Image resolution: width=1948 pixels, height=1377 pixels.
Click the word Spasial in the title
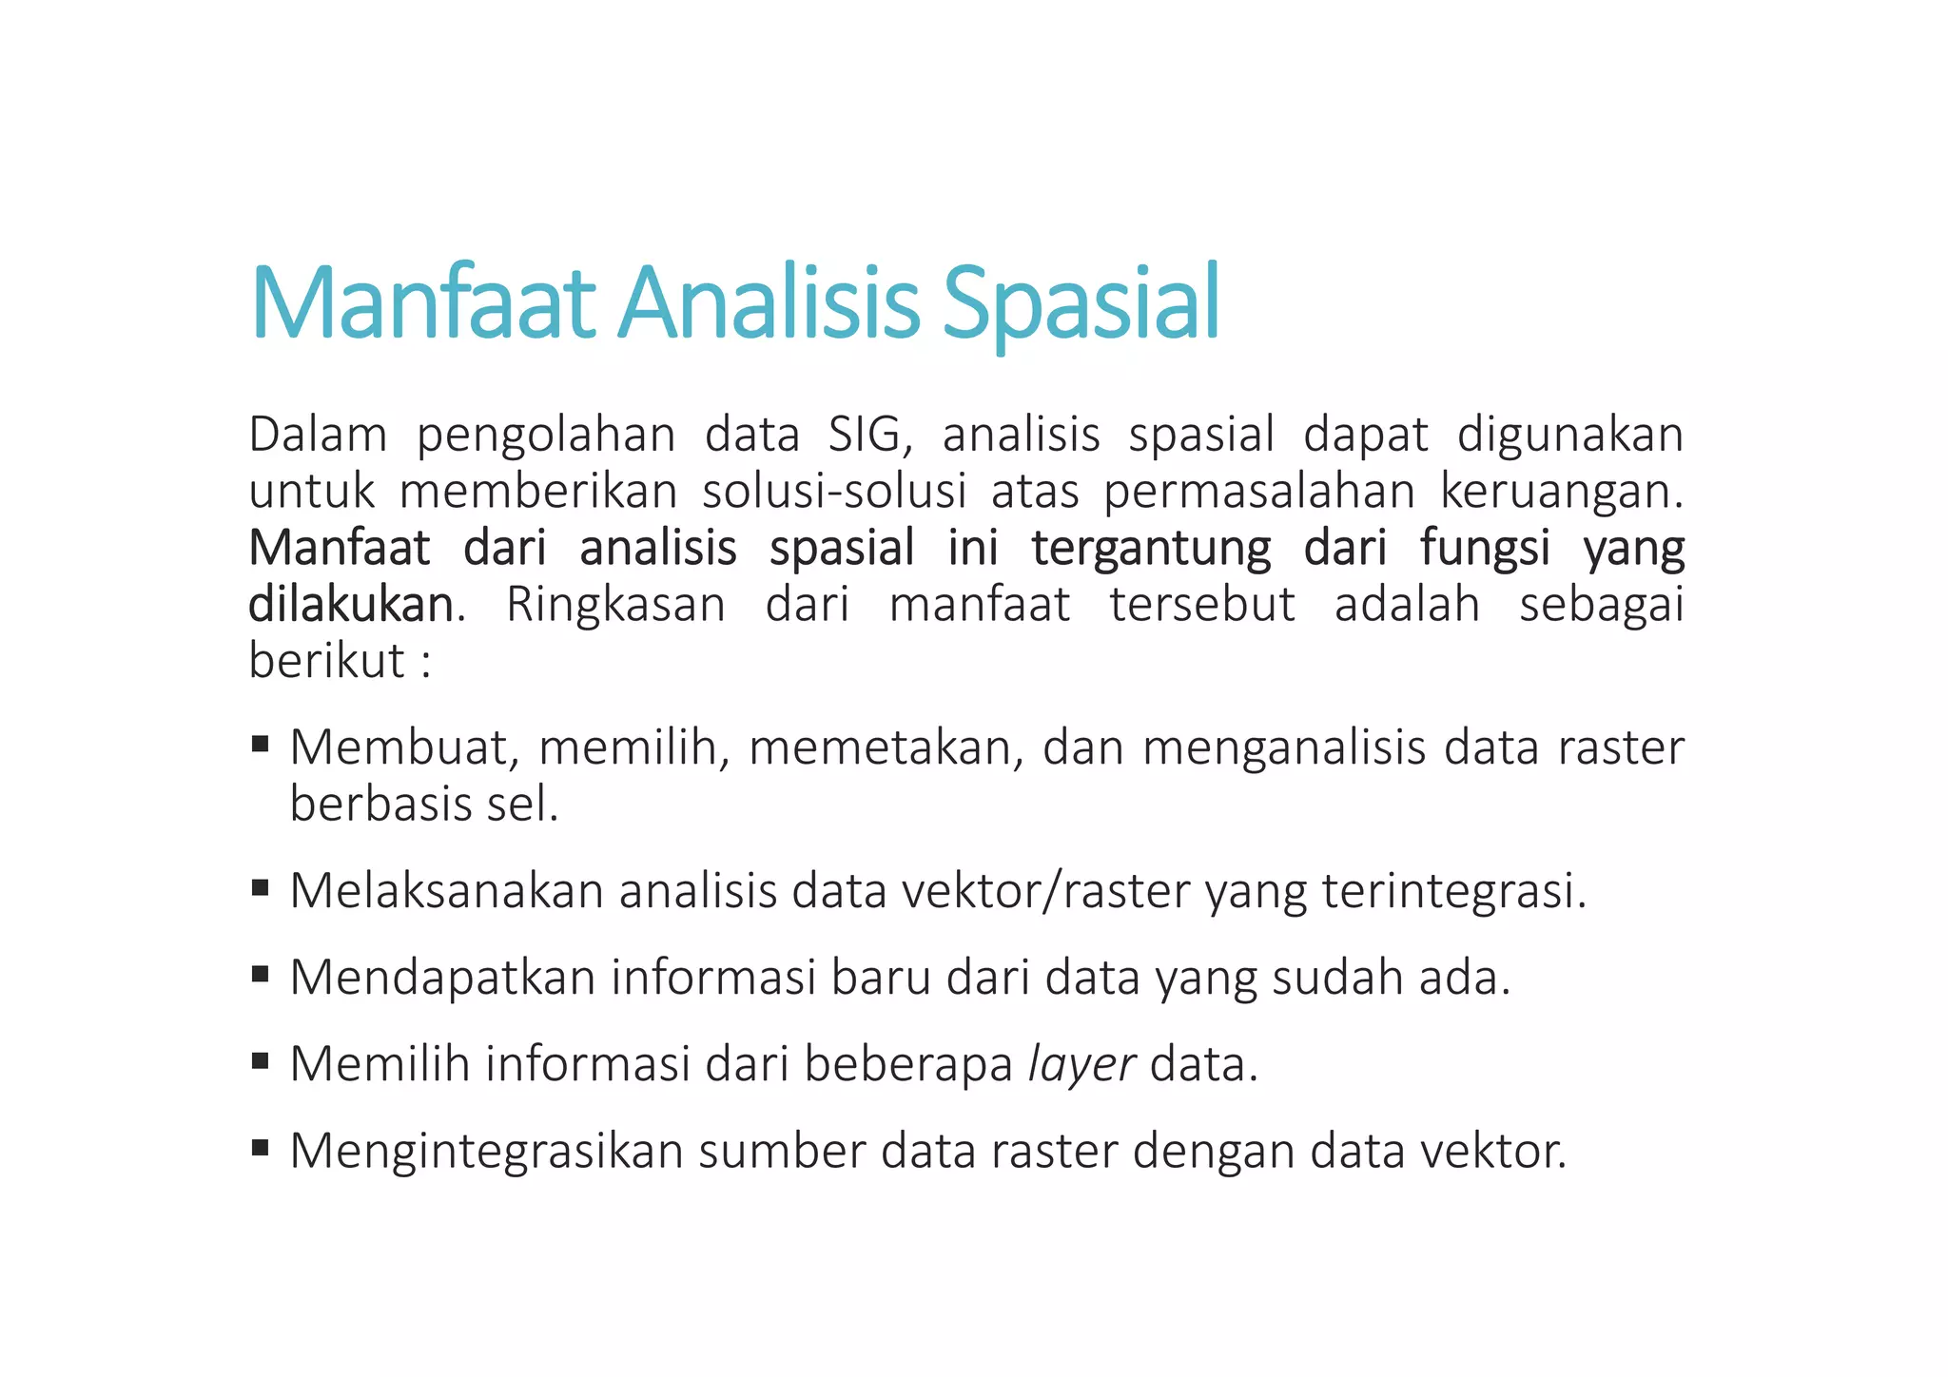click(x=1081, y=302)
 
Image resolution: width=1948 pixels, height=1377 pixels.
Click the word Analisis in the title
click(x=769, y=302)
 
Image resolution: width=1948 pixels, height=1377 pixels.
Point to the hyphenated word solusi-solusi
click(x=834, y=492)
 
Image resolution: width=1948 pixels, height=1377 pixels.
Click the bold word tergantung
click(x=1150, y=549)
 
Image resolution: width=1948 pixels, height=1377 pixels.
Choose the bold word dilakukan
click(x=351, y=605)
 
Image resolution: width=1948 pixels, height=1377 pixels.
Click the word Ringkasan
click(x=615, y=605)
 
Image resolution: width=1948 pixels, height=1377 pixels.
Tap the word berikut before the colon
click(x=326, y=661)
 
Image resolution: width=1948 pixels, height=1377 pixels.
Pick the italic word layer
click(x=1081, y=1064)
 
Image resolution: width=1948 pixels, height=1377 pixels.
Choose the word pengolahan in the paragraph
click(x=546, y=436)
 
